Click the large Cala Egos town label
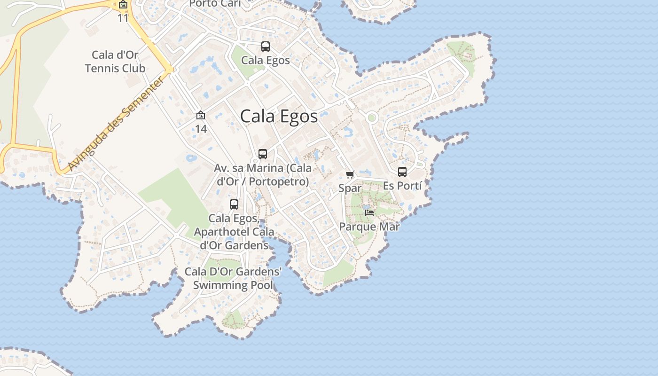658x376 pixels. coord(279,116)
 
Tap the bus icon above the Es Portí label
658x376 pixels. coord(402,172)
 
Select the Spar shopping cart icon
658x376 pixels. coord(350,175)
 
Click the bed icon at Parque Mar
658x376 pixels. coord(369,212)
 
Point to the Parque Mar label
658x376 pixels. coord(369,227)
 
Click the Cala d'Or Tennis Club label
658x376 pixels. coord(115,62)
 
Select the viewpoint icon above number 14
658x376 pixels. coord(201,115)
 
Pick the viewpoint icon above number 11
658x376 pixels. coord(123,5)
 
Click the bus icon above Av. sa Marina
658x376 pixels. coord(263,154)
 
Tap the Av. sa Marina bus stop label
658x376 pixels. coord(263,175)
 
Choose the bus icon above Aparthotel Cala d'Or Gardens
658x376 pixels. coord(234,204)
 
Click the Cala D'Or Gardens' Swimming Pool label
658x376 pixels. coord(233,278)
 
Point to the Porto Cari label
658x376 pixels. coord(215,4)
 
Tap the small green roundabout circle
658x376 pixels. coord(372,117)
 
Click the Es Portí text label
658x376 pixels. coord(402,186)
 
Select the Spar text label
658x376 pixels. coord(350,188)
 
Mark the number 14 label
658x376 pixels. coord(201,128)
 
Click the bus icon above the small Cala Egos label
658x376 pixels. coord(266,47)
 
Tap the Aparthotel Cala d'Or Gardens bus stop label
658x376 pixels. coord(234,232)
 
